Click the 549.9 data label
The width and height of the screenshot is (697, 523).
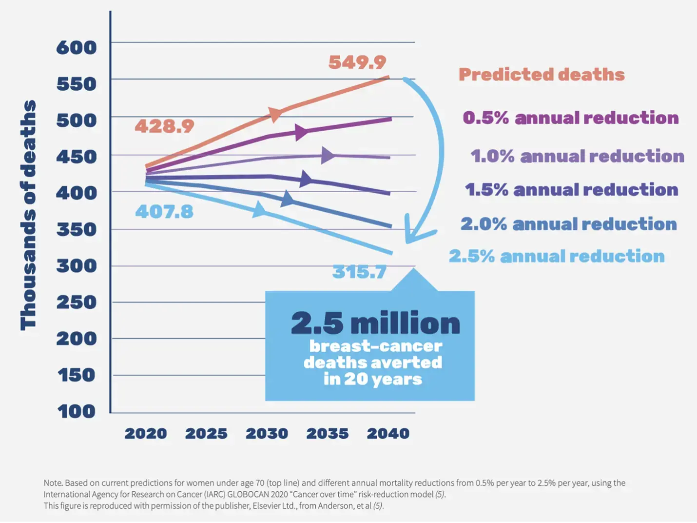tap(357, 62)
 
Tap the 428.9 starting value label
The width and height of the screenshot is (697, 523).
tap(164, 126)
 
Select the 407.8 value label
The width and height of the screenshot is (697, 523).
tap(164, 212)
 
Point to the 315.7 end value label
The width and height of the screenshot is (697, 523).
tap(359, 272)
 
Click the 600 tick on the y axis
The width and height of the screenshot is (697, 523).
tap(77, 48)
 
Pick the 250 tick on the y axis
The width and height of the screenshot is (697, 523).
tap(77, 302)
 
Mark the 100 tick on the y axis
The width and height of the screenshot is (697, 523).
tap(77, 411)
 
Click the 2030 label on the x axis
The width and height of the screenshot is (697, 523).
tap(267, 433)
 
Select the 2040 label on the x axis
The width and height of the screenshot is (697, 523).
tap(388, 433)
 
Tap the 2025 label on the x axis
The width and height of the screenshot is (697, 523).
tap(206, 433)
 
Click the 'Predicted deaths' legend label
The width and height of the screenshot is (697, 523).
tap(542, 75)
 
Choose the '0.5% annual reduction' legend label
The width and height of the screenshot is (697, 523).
tap(571, 118)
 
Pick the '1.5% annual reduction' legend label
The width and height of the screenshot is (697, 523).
tap(571, 189)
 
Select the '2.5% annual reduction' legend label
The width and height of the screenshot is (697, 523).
tap(557, 256)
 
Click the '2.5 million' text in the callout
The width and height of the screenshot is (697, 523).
tap(375, 323)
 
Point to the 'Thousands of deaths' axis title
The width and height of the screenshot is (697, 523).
tap(28, 215)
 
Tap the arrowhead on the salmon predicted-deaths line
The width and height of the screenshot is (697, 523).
tap(275, 114)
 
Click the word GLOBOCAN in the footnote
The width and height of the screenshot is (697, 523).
tap(250, 494)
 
